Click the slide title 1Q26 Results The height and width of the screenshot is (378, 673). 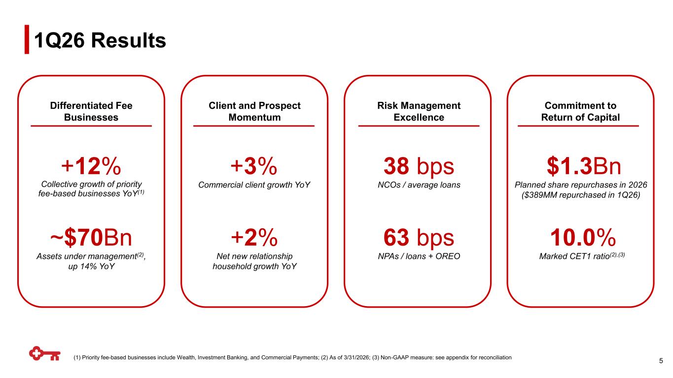100,40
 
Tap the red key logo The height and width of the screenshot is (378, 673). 45,354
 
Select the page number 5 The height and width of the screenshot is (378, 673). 661,361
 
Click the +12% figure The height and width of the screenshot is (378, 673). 91,166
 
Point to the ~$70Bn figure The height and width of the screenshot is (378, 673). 91,237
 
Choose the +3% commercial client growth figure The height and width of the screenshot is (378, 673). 254,166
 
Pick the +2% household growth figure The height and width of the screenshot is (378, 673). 254,237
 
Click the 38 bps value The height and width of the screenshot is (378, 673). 419,166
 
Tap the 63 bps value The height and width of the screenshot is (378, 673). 419,238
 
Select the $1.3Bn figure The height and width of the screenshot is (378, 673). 583,166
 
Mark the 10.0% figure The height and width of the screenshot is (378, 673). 583,237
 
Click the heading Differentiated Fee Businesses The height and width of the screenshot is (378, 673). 91,111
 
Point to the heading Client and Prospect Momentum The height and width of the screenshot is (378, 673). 254,111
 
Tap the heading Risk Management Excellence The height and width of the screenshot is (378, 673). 419,111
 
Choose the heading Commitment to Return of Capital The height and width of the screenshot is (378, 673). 580,111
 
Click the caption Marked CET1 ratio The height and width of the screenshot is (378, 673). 574,256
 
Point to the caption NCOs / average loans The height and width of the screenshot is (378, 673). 419,185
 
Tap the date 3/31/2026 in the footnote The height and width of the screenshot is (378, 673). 356,357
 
